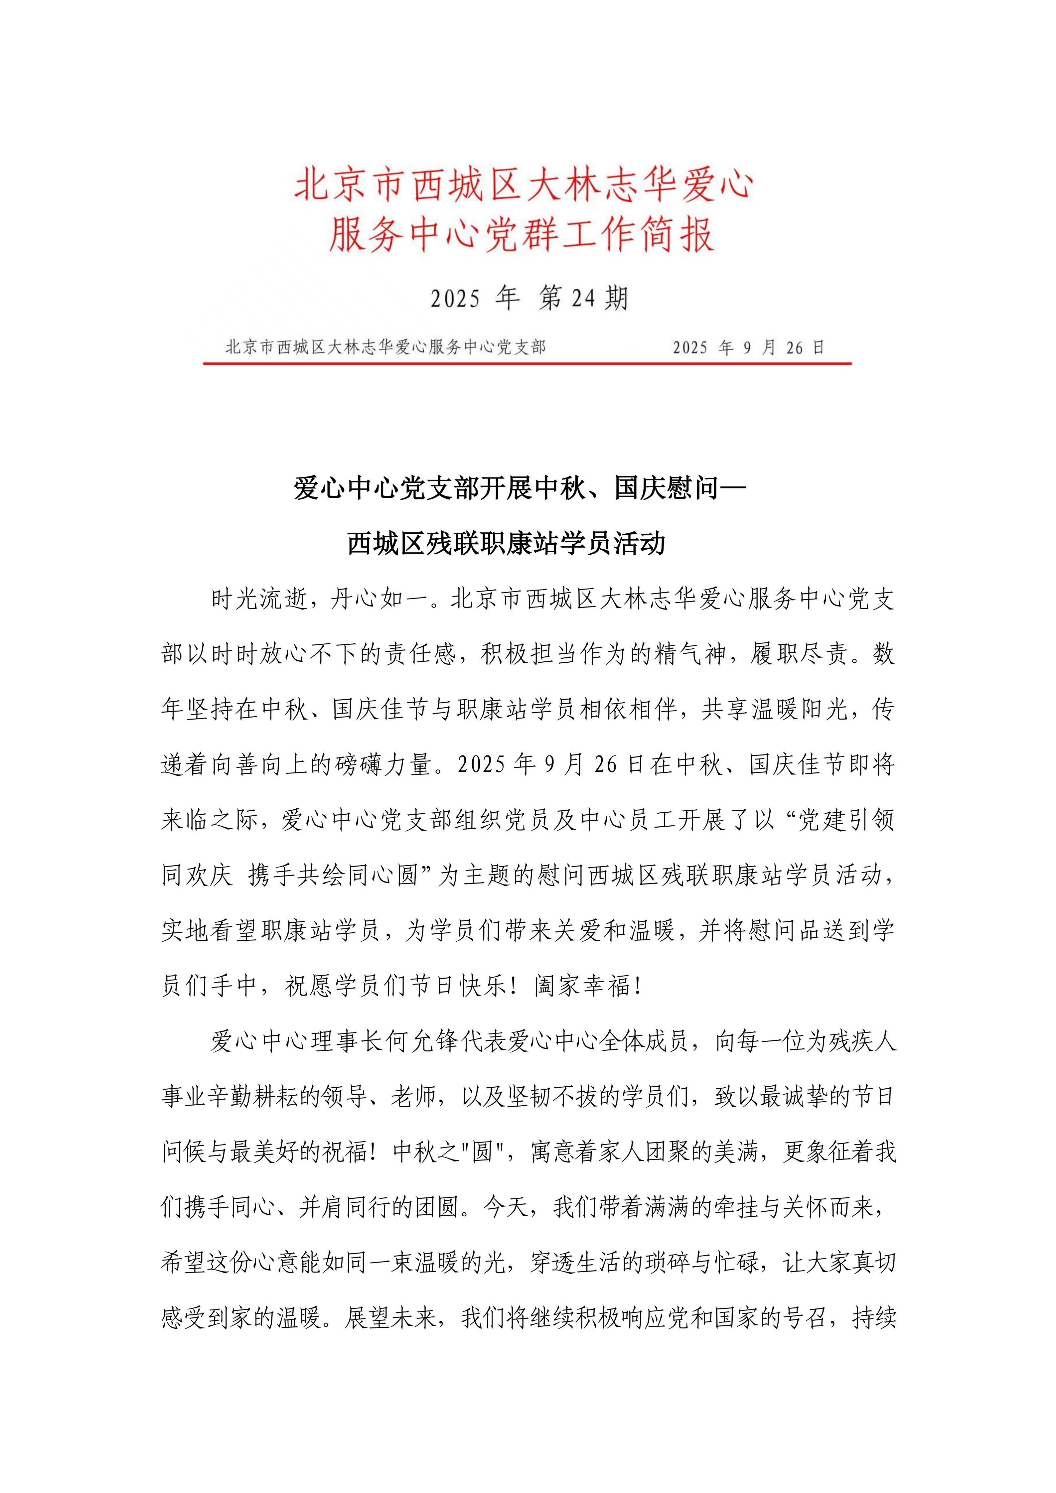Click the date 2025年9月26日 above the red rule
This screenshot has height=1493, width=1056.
[x=748, y=348]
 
